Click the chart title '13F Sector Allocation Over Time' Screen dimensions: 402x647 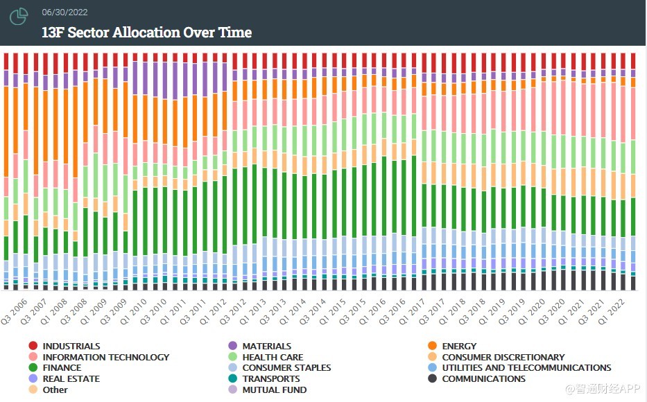(x=146, y=33)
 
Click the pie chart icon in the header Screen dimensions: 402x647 (x=19, y=17)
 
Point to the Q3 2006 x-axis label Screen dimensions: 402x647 (x=15, y=310)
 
